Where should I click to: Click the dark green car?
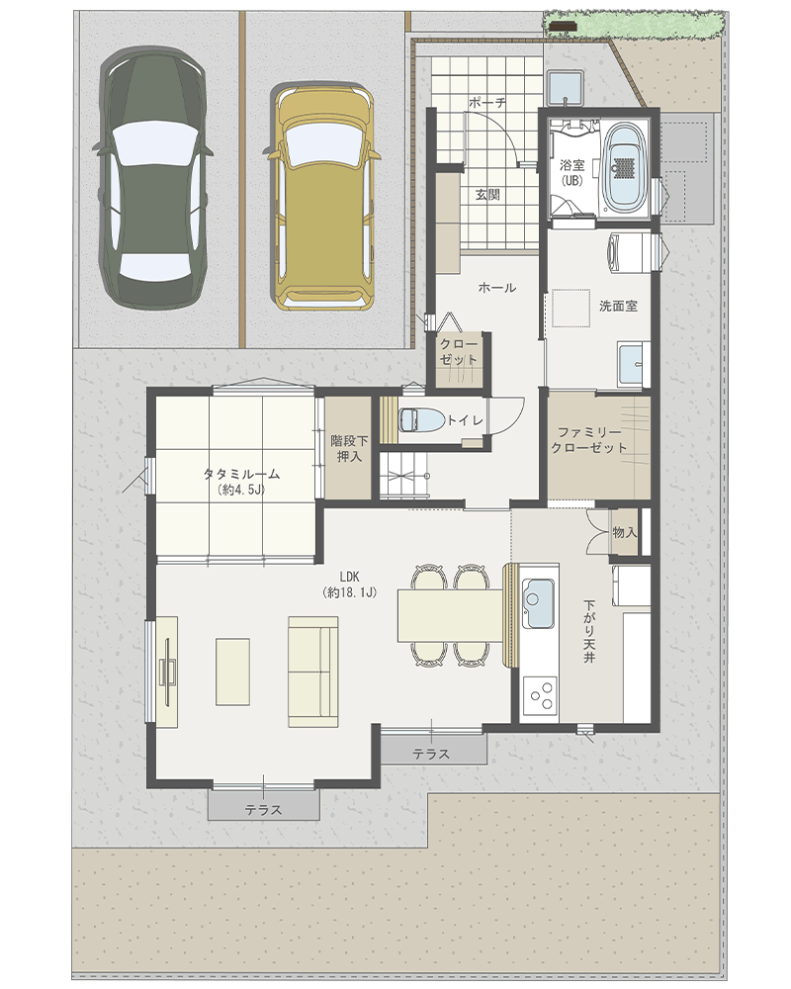pos(154,178)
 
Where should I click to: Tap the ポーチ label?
pos(487,102)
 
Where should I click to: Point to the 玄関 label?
pos(487,194)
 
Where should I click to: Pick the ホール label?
pos(497,288)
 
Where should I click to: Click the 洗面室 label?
pos(618,306)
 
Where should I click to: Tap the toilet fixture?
pos(422,420)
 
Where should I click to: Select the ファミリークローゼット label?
pos(588,440)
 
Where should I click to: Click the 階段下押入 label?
pos(349,448)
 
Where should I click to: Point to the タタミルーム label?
pos(241,482)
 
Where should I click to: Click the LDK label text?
pos(349,576)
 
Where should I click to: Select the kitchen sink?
pos(539,603)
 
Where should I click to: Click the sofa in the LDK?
pos(312,672)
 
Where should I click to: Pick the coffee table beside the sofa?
pos(232,672)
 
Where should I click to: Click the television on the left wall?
pos(168,672)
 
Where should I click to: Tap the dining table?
pos(451,615)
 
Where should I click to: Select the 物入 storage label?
pos(625,533)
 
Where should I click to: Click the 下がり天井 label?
pos(589,631)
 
